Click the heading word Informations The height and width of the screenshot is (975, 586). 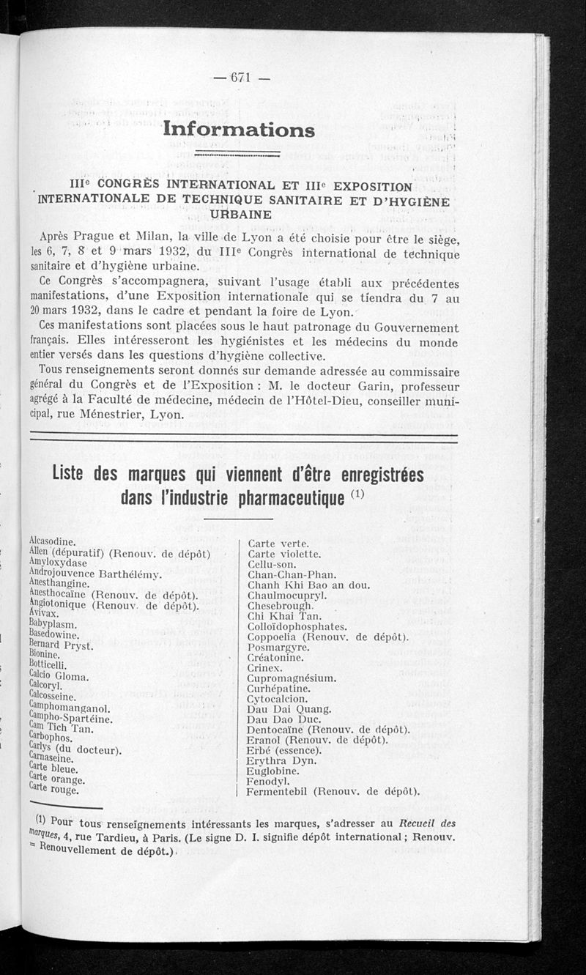(239, 130)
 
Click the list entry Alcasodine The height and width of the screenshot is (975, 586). (55, 540)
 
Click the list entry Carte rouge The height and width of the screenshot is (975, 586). (53, 790)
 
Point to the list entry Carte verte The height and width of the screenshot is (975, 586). (278, 544)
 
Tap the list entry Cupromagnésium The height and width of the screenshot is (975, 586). (292, 678)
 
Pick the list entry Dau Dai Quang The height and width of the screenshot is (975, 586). (289, 709)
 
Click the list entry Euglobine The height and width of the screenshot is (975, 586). (273, 771)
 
